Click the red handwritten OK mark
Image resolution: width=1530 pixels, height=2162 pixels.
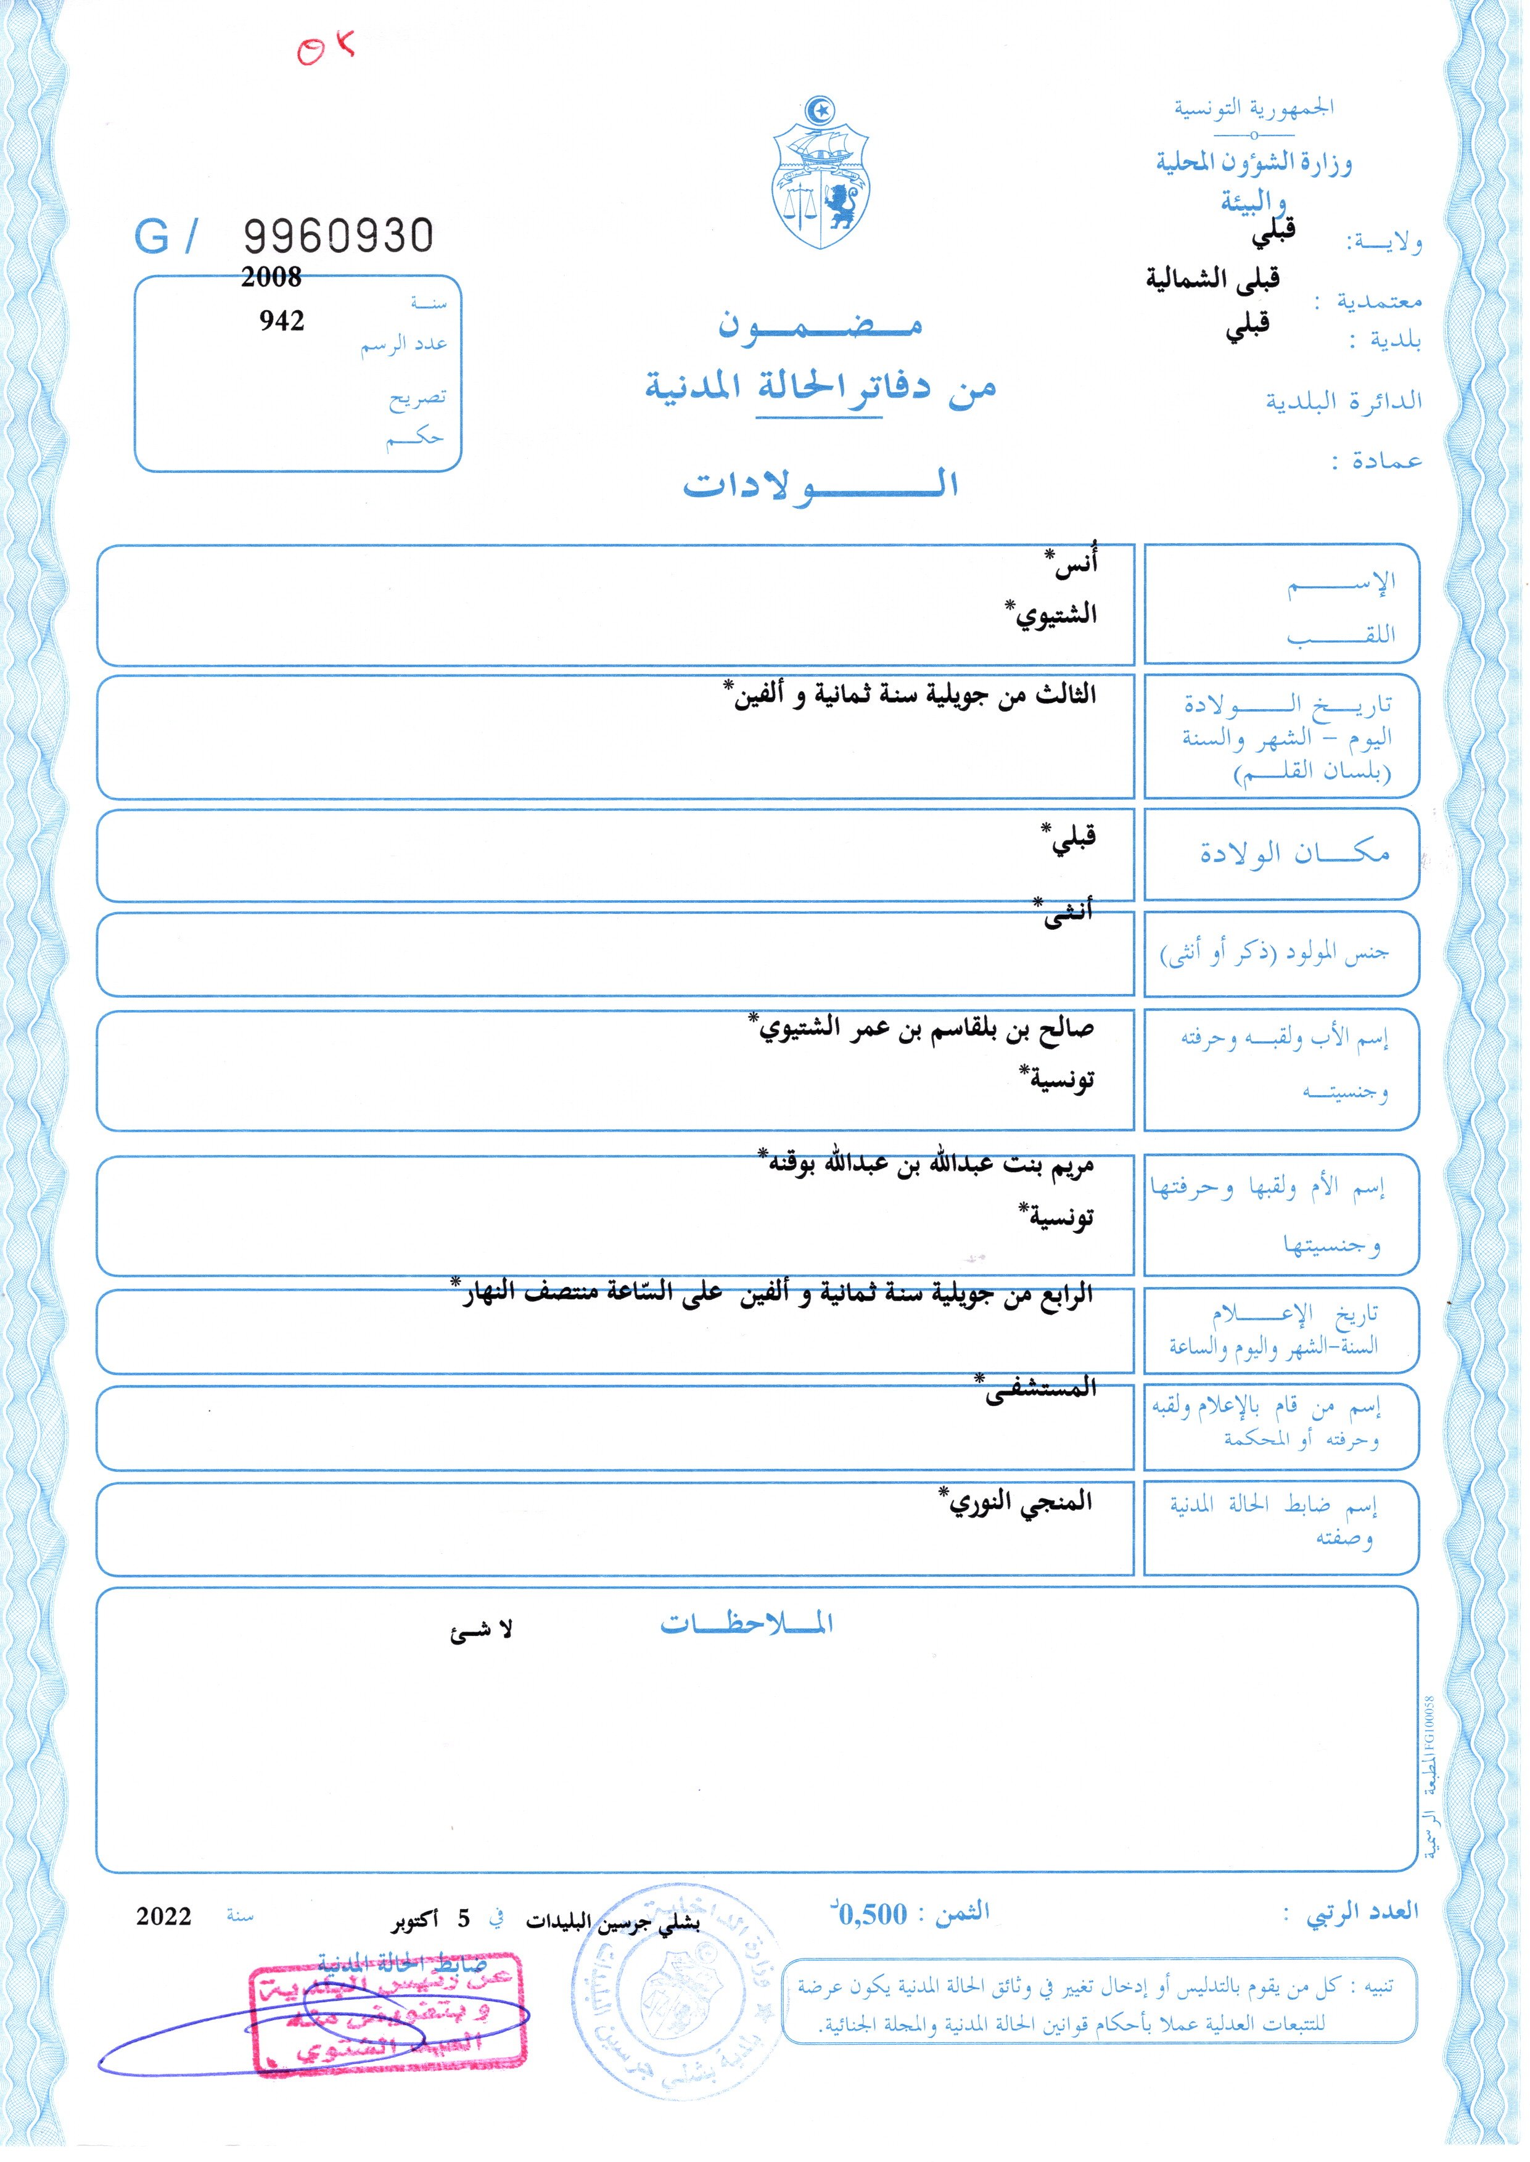coord(325,49)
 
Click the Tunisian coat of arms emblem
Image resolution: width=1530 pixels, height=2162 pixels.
coord(821,173)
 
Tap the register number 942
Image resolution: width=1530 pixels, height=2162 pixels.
coord(282,321)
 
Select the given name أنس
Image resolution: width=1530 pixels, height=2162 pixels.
coord(1075,567)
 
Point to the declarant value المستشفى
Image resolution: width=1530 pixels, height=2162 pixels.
coord(1040,1389)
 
